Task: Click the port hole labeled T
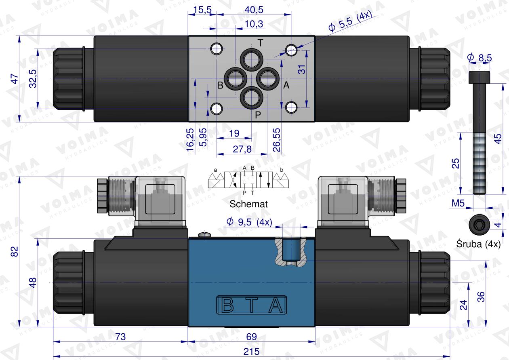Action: pyautogui.click(x=252, y=61)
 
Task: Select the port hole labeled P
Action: pyautogui.click(x=252, y=97)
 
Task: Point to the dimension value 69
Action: pyautogui.click(x=252, y=336)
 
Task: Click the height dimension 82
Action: pyautogui.click(x=15, y=252)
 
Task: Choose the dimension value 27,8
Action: pyautogui.click(x=242, y=149)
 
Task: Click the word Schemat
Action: pyautogui.click(x=248, y=204)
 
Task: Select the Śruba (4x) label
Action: pyautogui.click(x=478, y=244)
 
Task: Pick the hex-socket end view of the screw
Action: pyautogui.click(x=478, y=223)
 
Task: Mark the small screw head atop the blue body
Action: pyautogui.click(x=205, y=234)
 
